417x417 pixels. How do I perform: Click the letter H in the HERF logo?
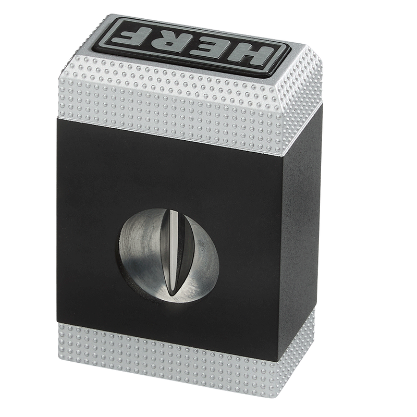(250, 55)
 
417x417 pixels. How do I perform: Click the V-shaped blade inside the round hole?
(178, 253)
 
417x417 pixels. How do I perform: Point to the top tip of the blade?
(170, 210)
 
